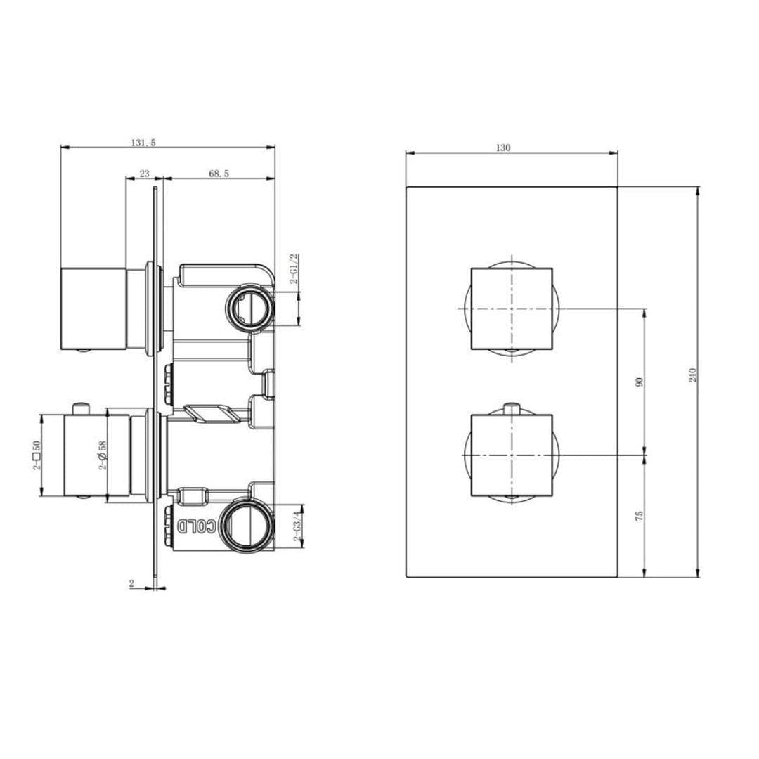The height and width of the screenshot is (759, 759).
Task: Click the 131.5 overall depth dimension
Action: tap(143, 142)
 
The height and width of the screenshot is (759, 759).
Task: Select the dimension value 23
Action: tap(144, 173)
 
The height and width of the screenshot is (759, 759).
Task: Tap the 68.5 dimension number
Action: tap(219, 173)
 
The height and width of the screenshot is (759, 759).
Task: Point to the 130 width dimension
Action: tap(503, 148)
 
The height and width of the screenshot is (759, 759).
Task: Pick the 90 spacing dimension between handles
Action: tap(639, 382)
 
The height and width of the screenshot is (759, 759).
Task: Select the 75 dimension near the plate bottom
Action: tap(639, 516)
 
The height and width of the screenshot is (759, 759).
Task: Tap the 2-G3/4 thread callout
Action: tap(297, 526)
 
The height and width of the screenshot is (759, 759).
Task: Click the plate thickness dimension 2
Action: tap(131, 583)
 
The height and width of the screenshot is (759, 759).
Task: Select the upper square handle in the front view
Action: tap(511, 308)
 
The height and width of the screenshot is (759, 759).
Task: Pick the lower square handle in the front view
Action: tap(511, 455)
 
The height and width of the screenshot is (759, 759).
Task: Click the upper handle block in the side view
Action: tap(93, 308)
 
